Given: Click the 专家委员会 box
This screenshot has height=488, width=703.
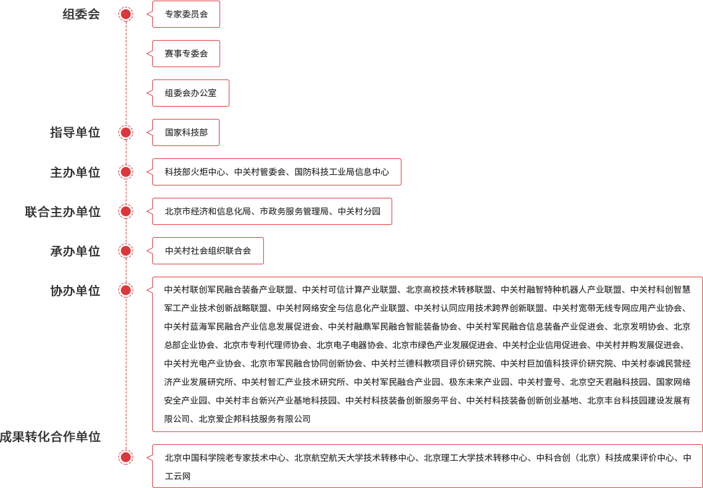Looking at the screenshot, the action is tap(186, 14).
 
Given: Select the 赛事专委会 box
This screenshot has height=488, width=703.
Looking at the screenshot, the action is tap(186, 54).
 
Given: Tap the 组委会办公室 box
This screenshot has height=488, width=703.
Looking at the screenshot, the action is tap(191, 93).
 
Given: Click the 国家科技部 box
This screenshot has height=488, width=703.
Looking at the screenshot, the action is tap(186, 132).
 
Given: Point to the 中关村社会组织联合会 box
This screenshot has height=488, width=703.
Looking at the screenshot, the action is tap(208, 251).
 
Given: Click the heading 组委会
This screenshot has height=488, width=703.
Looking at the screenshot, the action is tap(81, 14).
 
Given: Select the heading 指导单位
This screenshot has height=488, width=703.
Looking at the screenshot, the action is tap(75, 132).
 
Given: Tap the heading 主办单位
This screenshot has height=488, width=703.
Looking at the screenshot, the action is tap(75, 172).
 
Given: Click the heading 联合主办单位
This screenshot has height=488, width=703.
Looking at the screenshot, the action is tap(62, 211).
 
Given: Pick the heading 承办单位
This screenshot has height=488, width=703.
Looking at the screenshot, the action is tap(75, 251).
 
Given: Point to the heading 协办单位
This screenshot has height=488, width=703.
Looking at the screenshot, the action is tap(75, 290).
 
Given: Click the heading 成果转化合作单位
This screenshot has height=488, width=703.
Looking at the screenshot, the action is tap(50, 437).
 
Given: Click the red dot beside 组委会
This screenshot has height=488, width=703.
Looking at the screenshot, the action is tap(126, 14).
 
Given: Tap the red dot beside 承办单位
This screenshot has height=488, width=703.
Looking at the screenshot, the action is tap(126, 251).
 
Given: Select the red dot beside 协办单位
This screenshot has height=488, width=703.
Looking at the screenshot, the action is tap(126, 290).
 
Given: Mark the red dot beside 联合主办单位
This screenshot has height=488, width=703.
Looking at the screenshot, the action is tap(126, 211).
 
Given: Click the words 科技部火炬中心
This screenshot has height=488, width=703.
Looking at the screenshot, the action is tap(195, 172).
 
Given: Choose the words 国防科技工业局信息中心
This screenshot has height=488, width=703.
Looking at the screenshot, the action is tap(342, 172).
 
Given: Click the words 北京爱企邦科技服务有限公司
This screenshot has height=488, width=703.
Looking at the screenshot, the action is tap(255, 419).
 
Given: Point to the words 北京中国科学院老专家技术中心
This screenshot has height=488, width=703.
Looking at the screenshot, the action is tap(225, 458).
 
